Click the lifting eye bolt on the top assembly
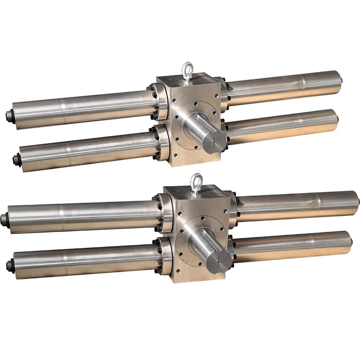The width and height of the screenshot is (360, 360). click(186, 71)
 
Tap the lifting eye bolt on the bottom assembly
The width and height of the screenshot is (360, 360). click(197, 182)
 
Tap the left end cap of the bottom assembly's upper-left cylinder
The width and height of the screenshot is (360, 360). click(4, 220)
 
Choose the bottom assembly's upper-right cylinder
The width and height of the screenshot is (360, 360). click(297, 205)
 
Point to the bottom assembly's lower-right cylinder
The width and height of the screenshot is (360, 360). click(292, 245)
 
